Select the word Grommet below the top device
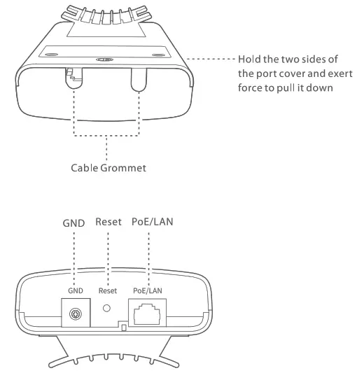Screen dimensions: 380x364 coord(128,168)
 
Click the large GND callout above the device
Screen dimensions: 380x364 coord(73,225)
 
